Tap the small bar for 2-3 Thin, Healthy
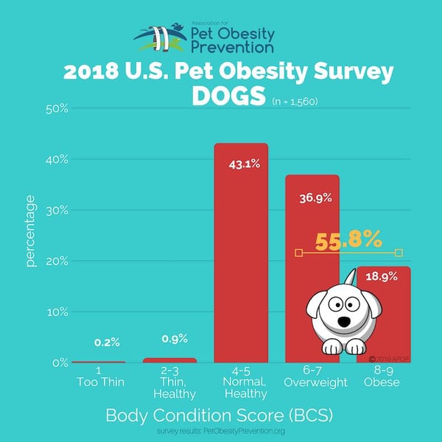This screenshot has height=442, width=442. (x=169, y=360)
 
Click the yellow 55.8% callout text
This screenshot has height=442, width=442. (x=348, y=239)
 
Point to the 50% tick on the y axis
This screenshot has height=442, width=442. (x=57, y=109)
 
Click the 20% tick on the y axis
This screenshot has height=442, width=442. (x=57, y=261)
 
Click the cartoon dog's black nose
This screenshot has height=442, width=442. (x=344, y=323)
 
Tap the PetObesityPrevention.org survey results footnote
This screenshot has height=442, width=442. (x=221, y=430)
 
